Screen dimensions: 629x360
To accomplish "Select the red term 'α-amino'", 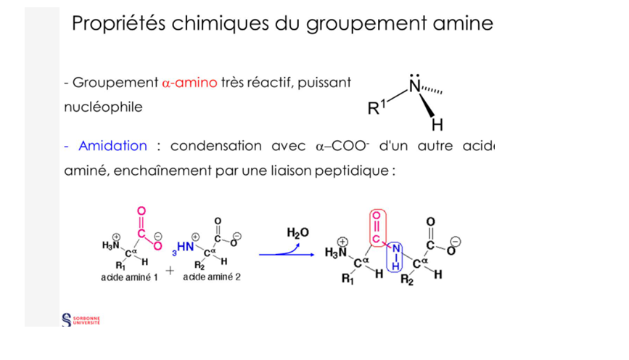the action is click(189, 83).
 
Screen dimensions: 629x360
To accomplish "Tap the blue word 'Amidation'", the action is click(112, 145).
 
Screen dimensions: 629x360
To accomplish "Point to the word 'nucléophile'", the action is click(103, 107).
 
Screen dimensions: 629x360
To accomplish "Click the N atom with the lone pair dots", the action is click(414, 86).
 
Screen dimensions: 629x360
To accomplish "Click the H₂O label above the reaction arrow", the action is click(297, 232).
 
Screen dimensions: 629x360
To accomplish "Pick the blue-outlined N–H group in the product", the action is click(395, 257).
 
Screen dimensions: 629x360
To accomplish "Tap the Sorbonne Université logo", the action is click(82, 319).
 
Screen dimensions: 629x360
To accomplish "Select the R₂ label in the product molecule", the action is click(408, 282).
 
